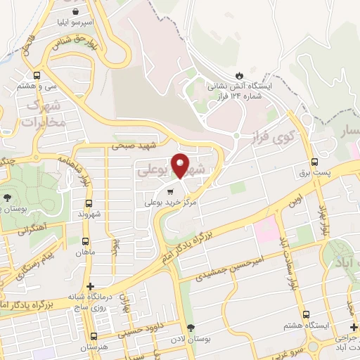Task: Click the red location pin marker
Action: (181, 165)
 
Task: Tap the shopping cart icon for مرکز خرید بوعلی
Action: (169, 191)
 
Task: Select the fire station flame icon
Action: (240, 74)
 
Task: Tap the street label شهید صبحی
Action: (137, 146)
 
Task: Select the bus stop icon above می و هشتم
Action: (37, 75)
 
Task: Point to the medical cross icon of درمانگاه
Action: (90, 286)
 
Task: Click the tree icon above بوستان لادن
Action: (191, 328)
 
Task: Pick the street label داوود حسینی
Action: (148, 325)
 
